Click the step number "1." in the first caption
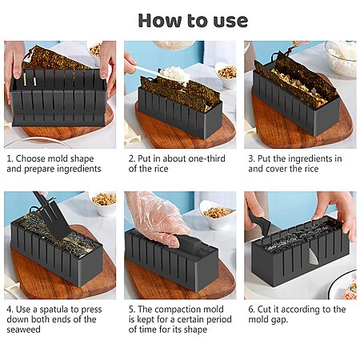(10, 158)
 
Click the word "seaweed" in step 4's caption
(23, 330)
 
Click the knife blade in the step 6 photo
(314, 257)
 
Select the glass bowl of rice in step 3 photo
(342, 58)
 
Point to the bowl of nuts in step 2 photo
(226, 75)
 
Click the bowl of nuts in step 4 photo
(104, 203)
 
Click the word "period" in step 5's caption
(218, 320)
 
